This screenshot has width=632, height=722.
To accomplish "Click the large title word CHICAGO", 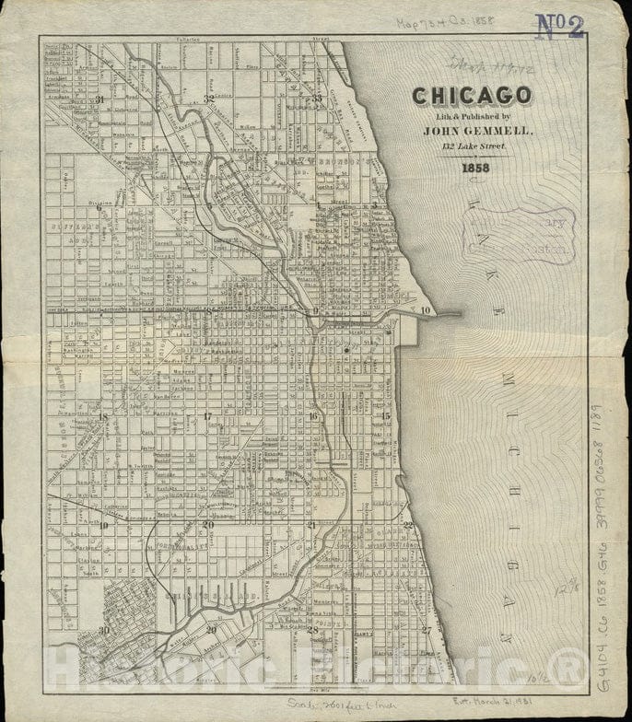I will [471, 96].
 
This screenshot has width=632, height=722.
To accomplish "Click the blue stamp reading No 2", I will [560, 27].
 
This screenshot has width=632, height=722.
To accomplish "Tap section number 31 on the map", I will [99, 98].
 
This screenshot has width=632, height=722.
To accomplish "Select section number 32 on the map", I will [209, 98].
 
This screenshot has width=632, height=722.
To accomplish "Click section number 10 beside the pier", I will [425, 311].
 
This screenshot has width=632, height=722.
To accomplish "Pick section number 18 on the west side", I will [102, 417].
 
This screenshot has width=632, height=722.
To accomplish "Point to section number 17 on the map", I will [208, 417].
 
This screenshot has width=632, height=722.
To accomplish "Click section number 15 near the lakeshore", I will [385, 416].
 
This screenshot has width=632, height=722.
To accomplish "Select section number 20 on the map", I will [208, 525].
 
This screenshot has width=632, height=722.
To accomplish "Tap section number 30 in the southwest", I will [104, 630].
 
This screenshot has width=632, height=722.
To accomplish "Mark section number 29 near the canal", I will [211, 629].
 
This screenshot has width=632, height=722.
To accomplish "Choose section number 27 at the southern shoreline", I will [426, 630].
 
